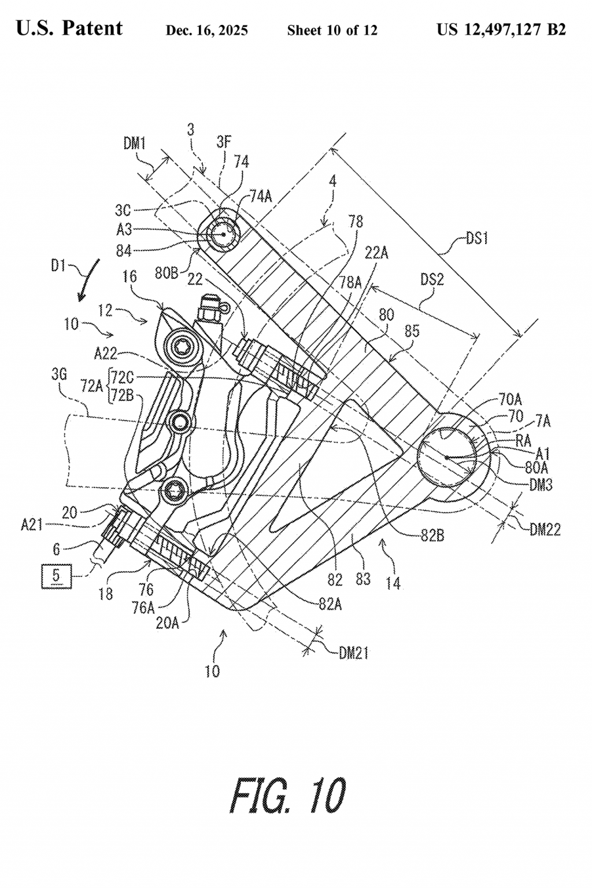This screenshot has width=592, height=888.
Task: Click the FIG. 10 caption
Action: [288, 796]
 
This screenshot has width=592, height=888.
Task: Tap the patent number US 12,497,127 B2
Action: [501, 30]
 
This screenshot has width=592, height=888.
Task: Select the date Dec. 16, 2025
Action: [206, 31]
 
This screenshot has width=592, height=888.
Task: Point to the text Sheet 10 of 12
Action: [332, 31]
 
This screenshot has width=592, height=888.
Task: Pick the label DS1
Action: [477, 238]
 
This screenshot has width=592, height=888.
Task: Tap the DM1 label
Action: [135, 143]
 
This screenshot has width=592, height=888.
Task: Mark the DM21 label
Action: [354, 654]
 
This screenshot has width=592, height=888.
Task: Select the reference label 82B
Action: [432, 536]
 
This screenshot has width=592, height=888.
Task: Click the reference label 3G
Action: [58, 375]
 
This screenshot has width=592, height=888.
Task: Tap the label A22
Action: [105, 353]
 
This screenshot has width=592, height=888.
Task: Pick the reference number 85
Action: [412, 331]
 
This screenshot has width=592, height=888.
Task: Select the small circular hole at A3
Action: [221, 234]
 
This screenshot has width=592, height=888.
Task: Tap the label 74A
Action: [260, 196]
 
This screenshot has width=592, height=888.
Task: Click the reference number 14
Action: [393, 583]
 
